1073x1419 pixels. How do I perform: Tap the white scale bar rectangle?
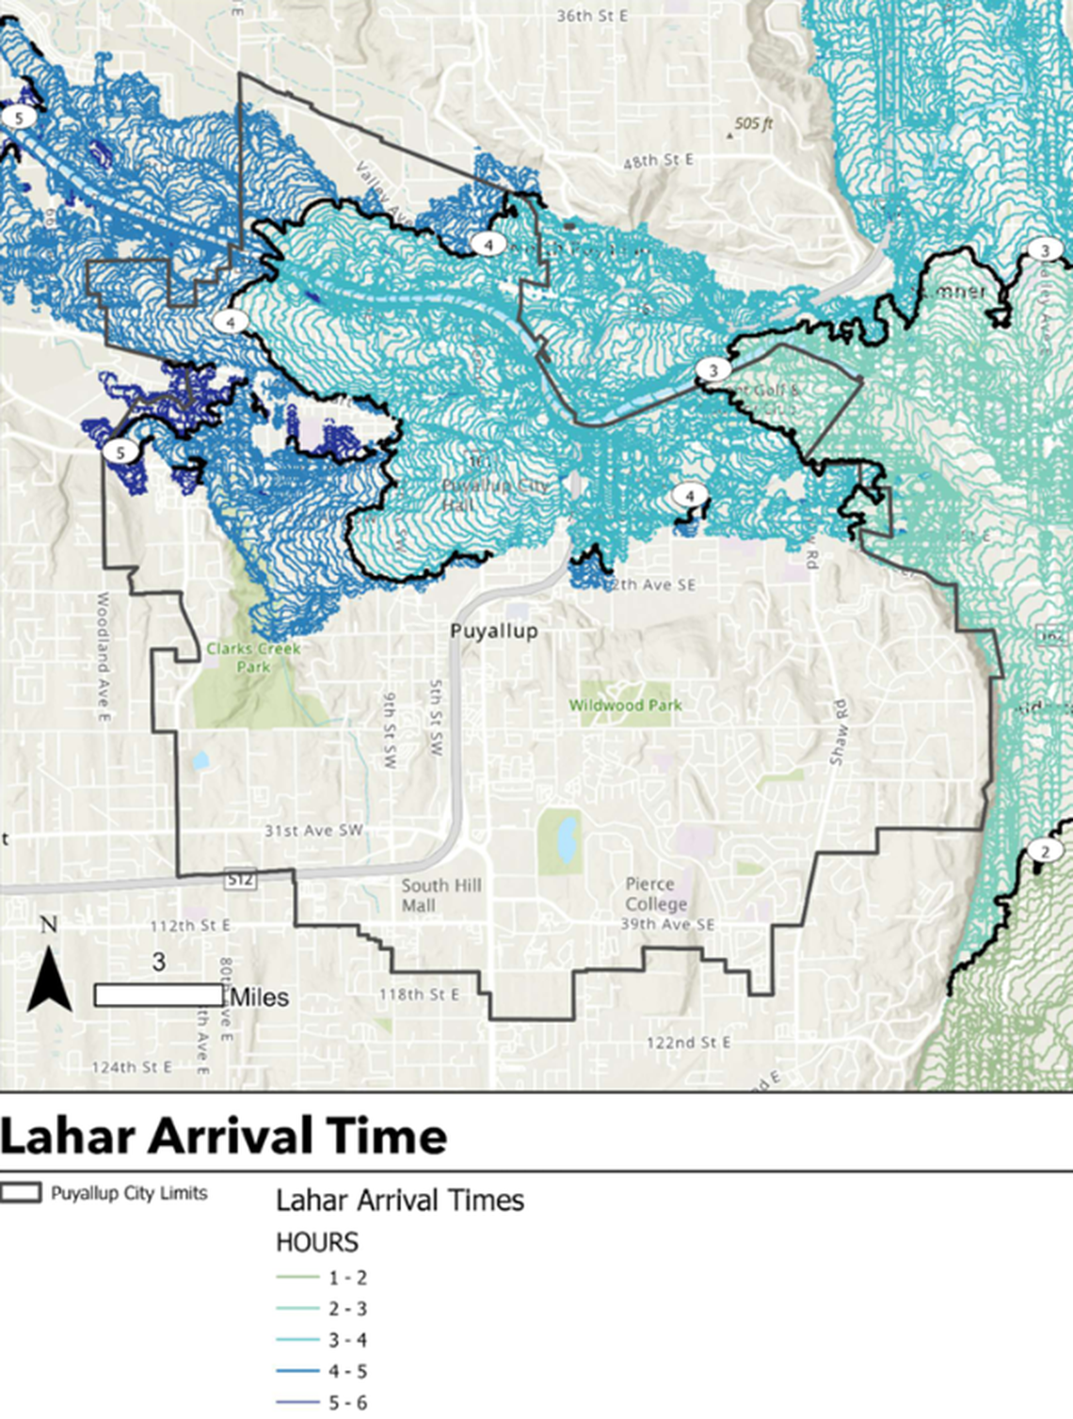pos(158,995)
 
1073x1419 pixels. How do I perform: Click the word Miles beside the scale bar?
pos(260,997)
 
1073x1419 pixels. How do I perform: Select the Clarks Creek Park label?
pos(253,657)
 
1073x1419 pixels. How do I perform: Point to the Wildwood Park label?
pos(625,705)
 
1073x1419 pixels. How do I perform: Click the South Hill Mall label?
pos(440,895)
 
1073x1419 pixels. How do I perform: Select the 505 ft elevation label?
pos(753,124)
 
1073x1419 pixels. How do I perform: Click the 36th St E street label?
pos(592,16)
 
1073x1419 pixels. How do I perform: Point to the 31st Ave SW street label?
pos(313,831)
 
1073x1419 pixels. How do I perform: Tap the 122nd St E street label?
pos(688,1043)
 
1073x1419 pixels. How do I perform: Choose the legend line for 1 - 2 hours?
pos(298,1278)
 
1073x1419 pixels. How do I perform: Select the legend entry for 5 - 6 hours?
pos(322,1403)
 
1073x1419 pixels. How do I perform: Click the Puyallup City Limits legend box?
pos(21,1193)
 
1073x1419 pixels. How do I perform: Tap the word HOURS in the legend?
pos(317,1243)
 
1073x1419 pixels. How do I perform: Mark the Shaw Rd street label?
pos(837,732)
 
